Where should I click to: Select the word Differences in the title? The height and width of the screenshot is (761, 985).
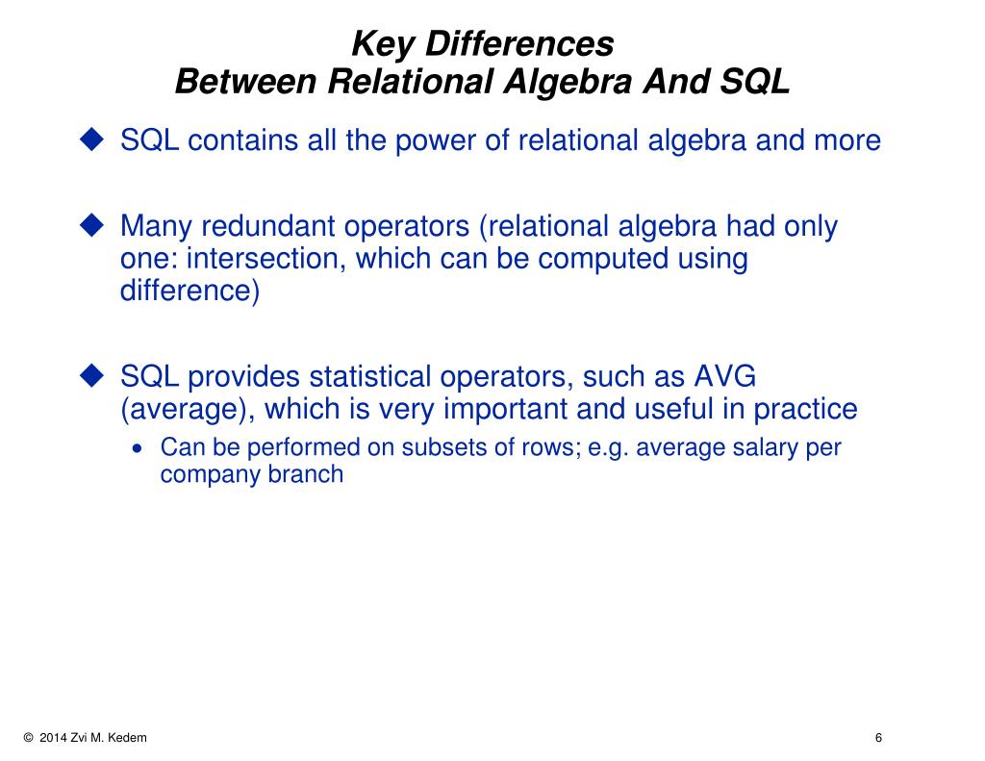pos(520,44)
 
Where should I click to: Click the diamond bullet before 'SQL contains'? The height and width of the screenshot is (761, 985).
pos(91,140)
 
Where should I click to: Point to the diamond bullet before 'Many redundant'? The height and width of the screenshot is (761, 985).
pos(91,226)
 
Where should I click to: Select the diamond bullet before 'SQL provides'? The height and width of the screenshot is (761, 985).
pos(91,376)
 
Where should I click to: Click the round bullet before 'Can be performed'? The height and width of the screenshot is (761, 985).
pos(140,449)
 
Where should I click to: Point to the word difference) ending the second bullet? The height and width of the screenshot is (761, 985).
pos(189,291)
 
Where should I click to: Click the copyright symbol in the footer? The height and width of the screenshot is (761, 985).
pos(28,738)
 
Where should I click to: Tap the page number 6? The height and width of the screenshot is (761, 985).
pos(878,738)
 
